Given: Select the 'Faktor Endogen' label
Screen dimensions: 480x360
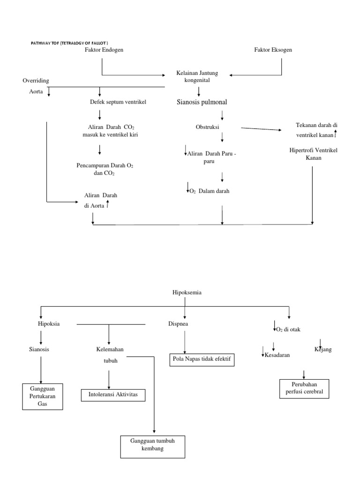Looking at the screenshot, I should (x=101, y=50).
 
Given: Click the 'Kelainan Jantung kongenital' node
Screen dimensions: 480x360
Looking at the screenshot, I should (x=197, y=77).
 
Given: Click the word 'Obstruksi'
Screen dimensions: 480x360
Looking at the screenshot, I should (x=208, y=127).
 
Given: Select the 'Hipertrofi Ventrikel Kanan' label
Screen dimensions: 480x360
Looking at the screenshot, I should (x=313, y=154).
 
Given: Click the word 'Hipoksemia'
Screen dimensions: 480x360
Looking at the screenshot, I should (x=187, y=292).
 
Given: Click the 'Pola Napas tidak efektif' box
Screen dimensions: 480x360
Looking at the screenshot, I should (x=201, y=360).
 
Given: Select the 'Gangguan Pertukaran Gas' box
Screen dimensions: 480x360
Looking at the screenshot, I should (x=43, y=396).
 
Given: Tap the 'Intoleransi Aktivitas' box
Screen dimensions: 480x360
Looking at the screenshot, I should (x=113, y=395).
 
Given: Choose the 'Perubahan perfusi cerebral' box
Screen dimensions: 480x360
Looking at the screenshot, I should (x=304, y=388).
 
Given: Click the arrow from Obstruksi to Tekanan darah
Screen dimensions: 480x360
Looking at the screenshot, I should (x=261, y=129).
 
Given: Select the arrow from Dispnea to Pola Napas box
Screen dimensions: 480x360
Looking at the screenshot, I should (x=185, y=341).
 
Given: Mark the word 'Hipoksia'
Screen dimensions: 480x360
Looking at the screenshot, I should (x=49, y=324).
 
